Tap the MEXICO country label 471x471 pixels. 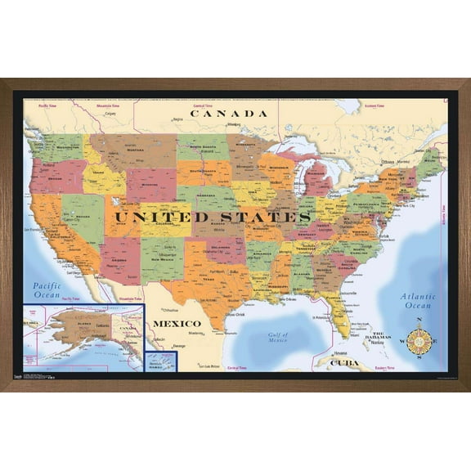point(177,324)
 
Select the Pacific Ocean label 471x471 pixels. point(47,289)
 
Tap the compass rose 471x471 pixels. point(419,339)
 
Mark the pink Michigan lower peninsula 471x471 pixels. point(318,178)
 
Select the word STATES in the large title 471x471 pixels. point(264,217)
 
